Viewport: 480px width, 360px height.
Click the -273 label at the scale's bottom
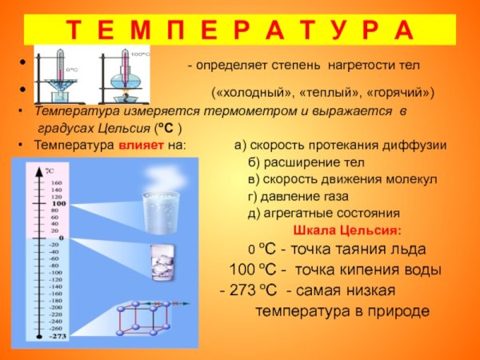(58, 337)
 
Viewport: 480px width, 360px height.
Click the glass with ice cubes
(163, 261)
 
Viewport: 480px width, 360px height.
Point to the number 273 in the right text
(242, 290)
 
